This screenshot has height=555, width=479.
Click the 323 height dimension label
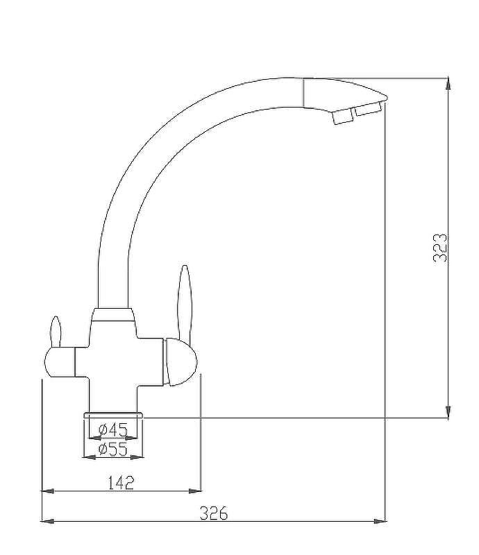tap(440, 248)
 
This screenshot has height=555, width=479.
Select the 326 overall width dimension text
tap(214, 513)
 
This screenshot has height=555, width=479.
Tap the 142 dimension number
tap(121, 482)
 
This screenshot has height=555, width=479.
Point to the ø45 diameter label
tap(113, 430)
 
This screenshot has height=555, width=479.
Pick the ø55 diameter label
tap(113, 450)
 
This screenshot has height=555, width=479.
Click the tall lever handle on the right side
tap(185, 305)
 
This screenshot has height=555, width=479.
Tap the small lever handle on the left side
tap(56, 332)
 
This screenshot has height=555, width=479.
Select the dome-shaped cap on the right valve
tap(180, 361)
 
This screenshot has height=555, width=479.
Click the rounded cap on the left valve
tap(60, 361)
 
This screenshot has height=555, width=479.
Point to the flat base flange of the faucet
tap(113, 415)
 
